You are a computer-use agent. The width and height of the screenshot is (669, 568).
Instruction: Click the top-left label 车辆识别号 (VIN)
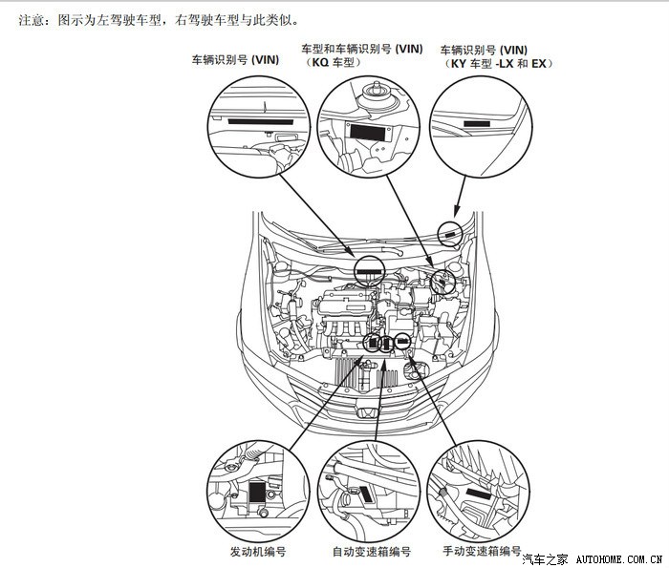point(235,59)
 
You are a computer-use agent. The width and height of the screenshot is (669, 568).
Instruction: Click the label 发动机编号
point(257,552)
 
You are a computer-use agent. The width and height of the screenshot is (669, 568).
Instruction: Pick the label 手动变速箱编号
point(482,552)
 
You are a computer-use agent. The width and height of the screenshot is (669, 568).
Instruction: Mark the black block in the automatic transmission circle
point(367,495)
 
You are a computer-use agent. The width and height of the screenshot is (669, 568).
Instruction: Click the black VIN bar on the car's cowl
point(368,271)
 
